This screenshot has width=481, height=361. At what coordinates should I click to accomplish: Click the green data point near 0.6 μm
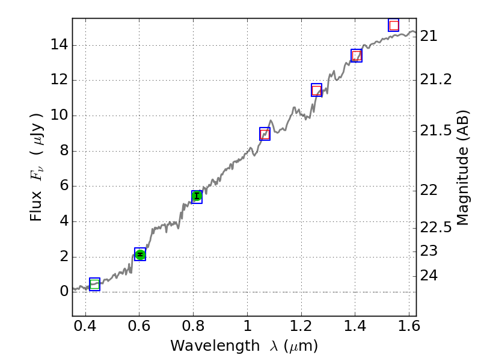[140, 255]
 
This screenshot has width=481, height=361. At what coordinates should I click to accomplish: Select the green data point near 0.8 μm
[197, 196]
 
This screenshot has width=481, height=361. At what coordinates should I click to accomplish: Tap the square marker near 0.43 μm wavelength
[94, 284]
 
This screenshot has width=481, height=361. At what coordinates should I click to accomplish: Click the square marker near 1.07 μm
[265, 134]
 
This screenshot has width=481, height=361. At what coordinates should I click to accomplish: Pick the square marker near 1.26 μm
[317, 90]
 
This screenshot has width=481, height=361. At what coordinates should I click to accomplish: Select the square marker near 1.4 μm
[357, 56]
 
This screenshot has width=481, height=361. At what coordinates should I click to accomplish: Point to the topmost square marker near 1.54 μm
[394, 25]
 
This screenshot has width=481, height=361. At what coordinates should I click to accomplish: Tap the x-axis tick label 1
[247, 328]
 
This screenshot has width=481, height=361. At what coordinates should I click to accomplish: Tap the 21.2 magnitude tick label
[436, 80]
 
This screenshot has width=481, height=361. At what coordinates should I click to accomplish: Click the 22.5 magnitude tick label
[436, 227]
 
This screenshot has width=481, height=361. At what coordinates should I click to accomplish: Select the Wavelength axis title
[244, 346]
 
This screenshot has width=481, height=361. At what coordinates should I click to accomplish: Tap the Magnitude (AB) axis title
[462, 167]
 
